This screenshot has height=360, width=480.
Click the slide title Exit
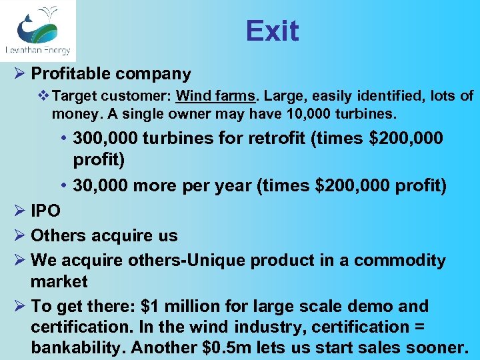point(272,31)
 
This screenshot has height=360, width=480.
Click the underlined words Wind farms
point(215,96)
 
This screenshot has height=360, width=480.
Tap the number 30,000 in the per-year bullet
point(106,185)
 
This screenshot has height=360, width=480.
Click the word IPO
point(46,211)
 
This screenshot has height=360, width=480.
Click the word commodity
point(399,260)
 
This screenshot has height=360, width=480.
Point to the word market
point(59,281)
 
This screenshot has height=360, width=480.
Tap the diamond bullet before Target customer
point(43,96)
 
